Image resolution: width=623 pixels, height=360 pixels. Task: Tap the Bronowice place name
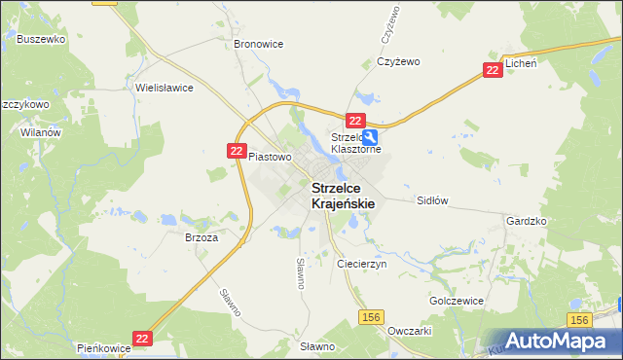point(258,45)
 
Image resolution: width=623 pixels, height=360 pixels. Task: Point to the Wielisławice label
point(165,88)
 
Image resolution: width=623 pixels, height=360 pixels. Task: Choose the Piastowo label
point(270,157)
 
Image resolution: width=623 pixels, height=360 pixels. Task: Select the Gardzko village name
point(527,222)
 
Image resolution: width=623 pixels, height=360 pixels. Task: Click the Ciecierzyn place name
point(361,264)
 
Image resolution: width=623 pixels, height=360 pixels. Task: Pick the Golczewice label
point(457,302)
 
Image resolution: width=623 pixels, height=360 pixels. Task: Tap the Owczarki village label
point(409,331)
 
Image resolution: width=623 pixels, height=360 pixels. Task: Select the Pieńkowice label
point(104,347)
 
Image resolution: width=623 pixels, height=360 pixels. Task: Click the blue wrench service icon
point(371,138)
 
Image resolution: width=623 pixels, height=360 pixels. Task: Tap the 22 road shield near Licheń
point(493,70)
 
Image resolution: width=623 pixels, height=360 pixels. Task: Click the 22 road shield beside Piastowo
point(237,151)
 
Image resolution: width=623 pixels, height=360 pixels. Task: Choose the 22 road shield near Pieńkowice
point(143,338)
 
